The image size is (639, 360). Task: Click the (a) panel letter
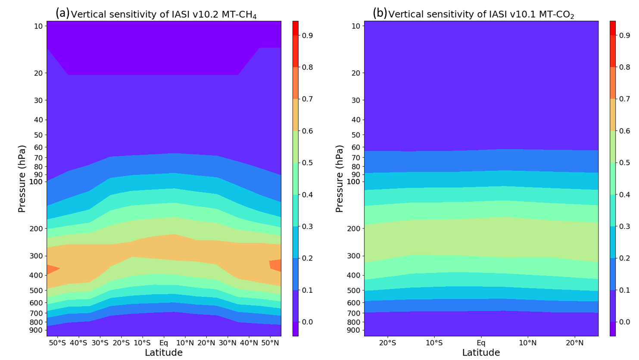[62, 13]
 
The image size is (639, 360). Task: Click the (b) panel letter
[380, 13]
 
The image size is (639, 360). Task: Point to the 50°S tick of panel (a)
[57, 343]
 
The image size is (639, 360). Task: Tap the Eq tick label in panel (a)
[164, 343]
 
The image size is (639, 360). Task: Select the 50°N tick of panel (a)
[270, 343]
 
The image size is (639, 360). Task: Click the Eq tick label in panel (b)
[481, 343]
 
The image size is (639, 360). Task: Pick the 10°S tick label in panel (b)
[434, 343]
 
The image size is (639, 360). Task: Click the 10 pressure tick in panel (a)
[38, 26]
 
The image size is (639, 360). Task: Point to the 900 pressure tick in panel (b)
[355, 330]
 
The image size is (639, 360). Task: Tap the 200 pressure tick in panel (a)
[37, 229]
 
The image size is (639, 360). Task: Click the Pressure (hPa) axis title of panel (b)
[340, 179]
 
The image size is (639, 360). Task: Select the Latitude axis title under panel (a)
[164, 353]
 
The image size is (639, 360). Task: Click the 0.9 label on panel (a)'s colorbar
[307, 35]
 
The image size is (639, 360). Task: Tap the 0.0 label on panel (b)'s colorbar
[624, 322]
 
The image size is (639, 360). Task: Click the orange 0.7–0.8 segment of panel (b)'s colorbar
[613, 83]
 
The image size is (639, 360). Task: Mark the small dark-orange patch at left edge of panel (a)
[52, 269]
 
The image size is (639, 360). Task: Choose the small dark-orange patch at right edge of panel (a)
[276, 265]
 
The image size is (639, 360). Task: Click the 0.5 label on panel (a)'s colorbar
[307, 163]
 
